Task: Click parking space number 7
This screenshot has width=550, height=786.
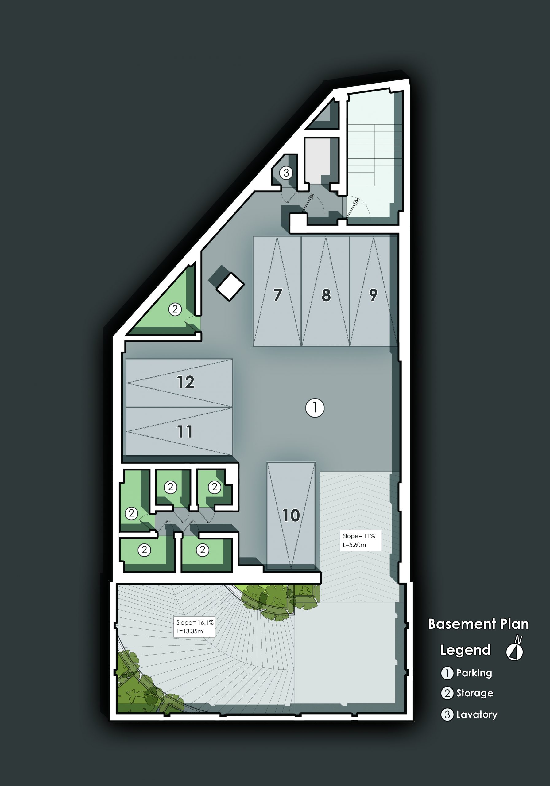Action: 277,291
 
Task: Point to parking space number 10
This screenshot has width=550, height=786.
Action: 291,516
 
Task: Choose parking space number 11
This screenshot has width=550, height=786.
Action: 179,431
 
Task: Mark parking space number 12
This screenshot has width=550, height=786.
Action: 179,383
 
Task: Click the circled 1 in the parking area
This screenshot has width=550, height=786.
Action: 315,408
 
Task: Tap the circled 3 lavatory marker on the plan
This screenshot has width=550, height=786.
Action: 286,173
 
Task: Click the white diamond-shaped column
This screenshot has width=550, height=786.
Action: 230,286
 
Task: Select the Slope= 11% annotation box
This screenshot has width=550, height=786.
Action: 360,540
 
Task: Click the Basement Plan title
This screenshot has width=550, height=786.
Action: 478,624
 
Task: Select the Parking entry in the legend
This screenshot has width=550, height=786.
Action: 467,673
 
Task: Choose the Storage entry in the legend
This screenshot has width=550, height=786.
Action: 467,693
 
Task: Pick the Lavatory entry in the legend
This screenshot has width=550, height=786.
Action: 469,714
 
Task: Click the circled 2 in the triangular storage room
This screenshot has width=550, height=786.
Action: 175,309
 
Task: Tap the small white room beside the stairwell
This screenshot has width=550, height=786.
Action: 317,161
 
